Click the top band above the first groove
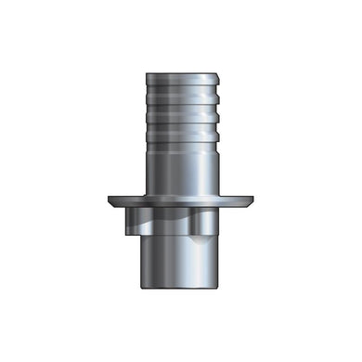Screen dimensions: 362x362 [181, 81]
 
